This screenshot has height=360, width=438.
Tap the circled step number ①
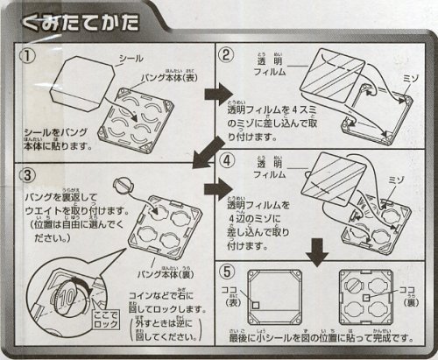28,57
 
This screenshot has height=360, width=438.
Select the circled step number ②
226,57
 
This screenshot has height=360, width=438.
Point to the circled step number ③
28,173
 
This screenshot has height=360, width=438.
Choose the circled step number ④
226,161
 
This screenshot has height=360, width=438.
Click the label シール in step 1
131,58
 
